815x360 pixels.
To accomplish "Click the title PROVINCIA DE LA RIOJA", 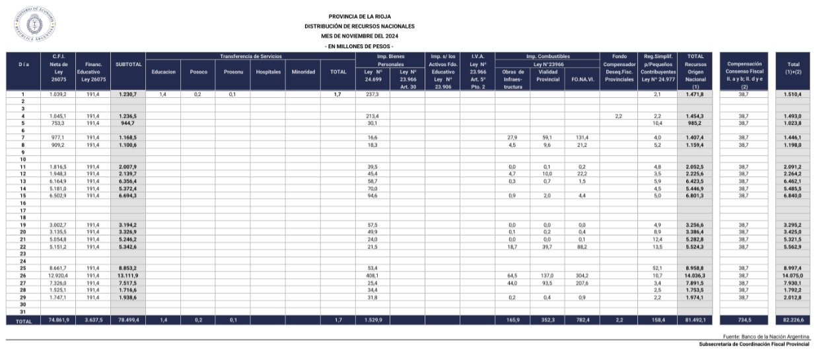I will (x=359, y=16).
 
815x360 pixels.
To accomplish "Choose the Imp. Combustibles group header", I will (x=548, y=56).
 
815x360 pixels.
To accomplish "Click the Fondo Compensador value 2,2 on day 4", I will (x=618, y=116).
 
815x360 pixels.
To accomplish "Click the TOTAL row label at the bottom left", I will (x=23, y=320).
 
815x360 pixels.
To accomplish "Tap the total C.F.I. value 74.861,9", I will (x=59, y=320).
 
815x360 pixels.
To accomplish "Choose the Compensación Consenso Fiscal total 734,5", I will (x=743, y=320).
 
